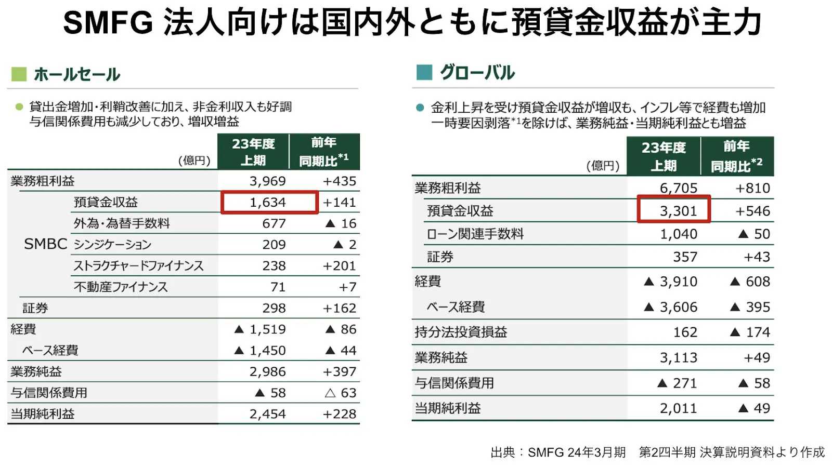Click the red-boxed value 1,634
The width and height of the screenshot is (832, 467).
point(268,202)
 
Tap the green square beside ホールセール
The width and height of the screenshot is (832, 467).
point(19,74)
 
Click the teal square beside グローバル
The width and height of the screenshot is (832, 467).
point(424,72)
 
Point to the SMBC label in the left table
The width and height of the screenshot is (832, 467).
point(46,244)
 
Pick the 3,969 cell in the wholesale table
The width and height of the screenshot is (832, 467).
point(267,181)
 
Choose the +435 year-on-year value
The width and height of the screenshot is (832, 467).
point(339,181)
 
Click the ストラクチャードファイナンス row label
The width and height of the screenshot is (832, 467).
point(138,265)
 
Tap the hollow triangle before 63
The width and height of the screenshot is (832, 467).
point(330,393)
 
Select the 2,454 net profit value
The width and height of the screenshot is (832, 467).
point(267,414)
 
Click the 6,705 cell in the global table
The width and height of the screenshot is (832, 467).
point(678,188)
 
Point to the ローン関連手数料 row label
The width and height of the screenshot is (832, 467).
point(475,234)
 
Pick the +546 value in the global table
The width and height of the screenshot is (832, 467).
point(752,211)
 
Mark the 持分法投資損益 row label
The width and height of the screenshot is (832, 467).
point(461,332)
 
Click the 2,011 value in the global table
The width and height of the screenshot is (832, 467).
point(678,408)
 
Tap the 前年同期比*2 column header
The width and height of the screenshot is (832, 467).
point(736,156)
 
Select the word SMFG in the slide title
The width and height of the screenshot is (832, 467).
point(108,23)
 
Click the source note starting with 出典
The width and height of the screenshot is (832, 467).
point(657,452)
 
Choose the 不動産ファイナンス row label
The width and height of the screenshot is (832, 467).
point(121,287)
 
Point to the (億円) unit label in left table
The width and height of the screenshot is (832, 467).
point(194,161)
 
